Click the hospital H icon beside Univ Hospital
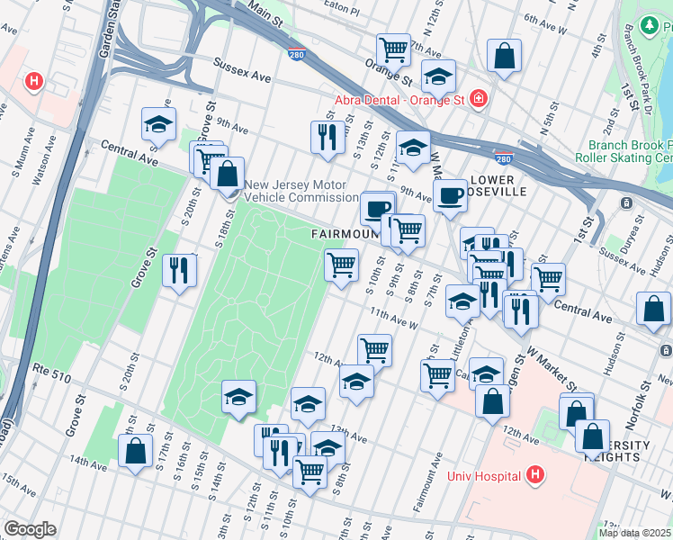(535, 473)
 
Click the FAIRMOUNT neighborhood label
(342, 234)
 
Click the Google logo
(30, 528)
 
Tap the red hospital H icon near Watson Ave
(35, 82)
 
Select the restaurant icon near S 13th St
(324, 137)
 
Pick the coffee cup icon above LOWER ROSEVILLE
(450, 193)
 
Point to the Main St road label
(260, 13)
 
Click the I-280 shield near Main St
(297, 55)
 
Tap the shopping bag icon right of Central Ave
(653, 309)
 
